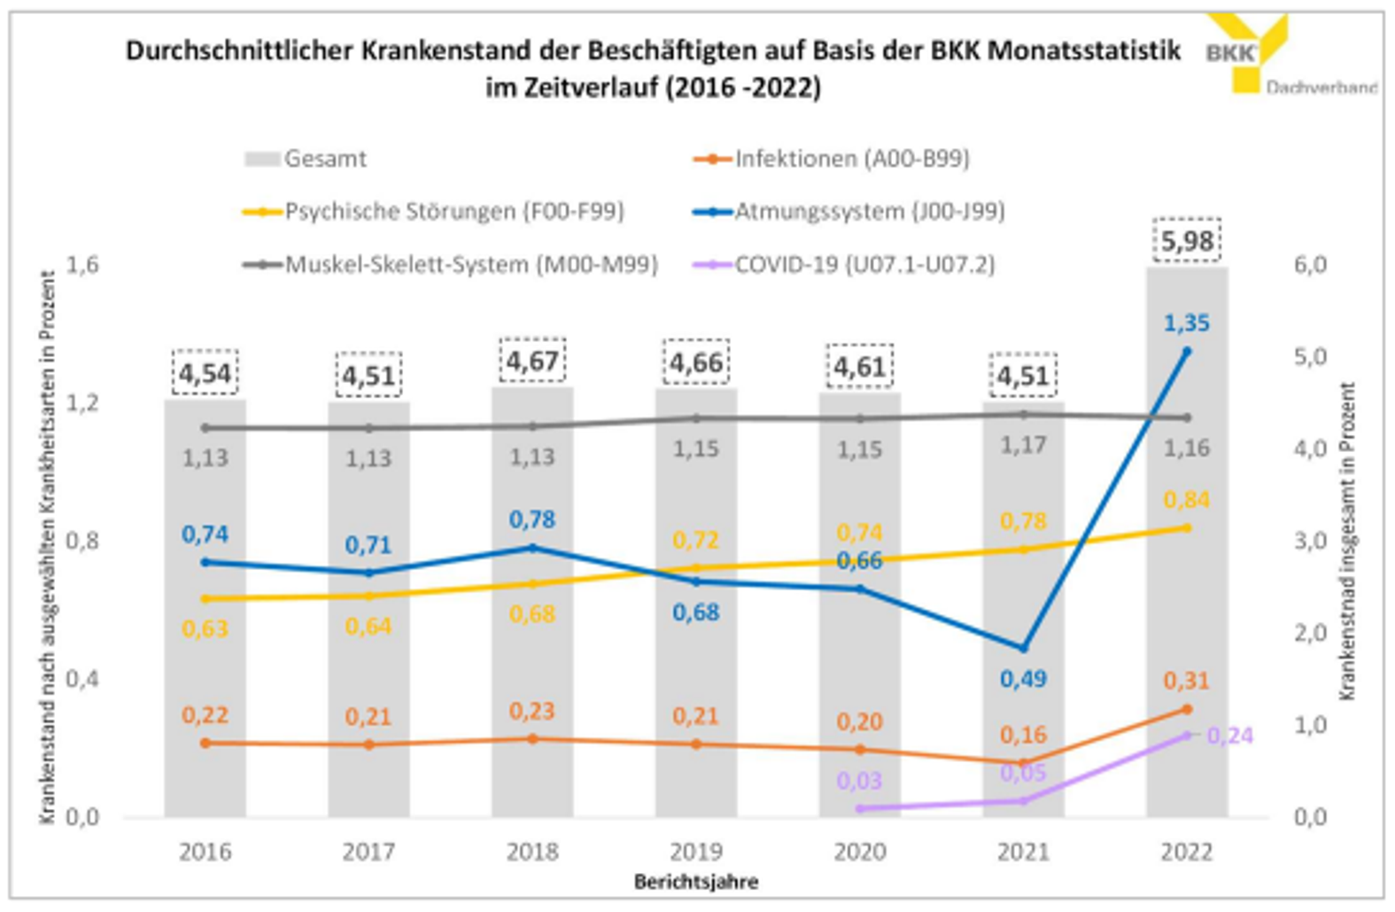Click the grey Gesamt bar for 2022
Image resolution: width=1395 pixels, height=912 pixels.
coord(1186,620)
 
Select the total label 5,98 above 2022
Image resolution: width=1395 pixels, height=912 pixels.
coord(1187,241)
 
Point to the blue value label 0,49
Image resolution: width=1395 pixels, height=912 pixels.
coord(1023,679)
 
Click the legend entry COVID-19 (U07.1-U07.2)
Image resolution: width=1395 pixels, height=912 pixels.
coord(864,264)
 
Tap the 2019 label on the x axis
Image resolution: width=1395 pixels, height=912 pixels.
coord(696,852)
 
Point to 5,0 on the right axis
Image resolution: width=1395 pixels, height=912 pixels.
coord(1310,356)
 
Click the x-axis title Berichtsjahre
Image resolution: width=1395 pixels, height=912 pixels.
coord(696,882)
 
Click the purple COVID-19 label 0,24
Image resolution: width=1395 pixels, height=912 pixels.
coord(1230,736)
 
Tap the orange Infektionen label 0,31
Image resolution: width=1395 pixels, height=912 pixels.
coord(1186,681)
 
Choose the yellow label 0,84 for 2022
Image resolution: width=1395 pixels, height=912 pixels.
coord(1186,500)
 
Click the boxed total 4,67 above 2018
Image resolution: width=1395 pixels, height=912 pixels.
coord(532,362)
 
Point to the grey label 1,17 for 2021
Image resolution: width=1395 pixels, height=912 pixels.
coord(1023,445)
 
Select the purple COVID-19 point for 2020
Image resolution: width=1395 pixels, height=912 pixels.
coord(860,808)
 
